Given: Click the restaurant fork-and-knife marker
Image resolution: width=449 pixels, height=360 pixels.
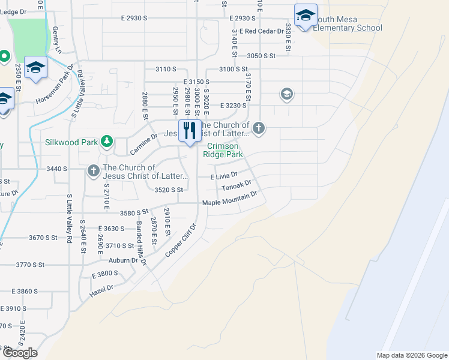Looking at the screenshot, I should click(190, 130).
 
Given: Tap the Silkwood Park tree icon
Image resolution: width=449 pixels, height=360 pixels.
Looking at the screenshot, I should click(106, 141).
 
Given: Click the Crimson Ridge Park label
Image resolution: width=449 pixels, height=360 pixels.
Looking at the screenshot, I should click(225, 150).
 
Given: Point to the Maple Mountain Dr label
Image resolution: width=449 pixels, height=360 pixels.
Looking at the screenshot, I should click(230, 199).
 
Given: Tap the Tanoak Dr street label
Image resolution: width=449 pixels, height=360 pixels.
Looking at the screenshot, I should click(236, 187).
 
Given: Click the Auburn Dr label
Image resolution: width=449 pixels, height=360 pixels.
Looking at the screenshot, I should click(123, 260).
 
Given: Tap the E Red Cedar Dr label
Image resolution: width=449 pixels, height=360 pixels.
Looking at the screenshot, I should click(261, 31).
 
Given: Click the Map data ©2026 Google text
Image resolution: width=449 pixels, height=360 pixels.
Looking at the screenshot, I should click(411, 355).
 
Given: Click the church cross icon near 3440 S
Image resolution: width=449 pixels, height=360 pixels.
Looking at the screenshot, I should click(94, 172).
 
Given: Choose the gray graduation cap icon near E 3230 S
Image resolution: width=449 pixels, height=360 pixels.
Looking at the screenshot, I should click(286, 94).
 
